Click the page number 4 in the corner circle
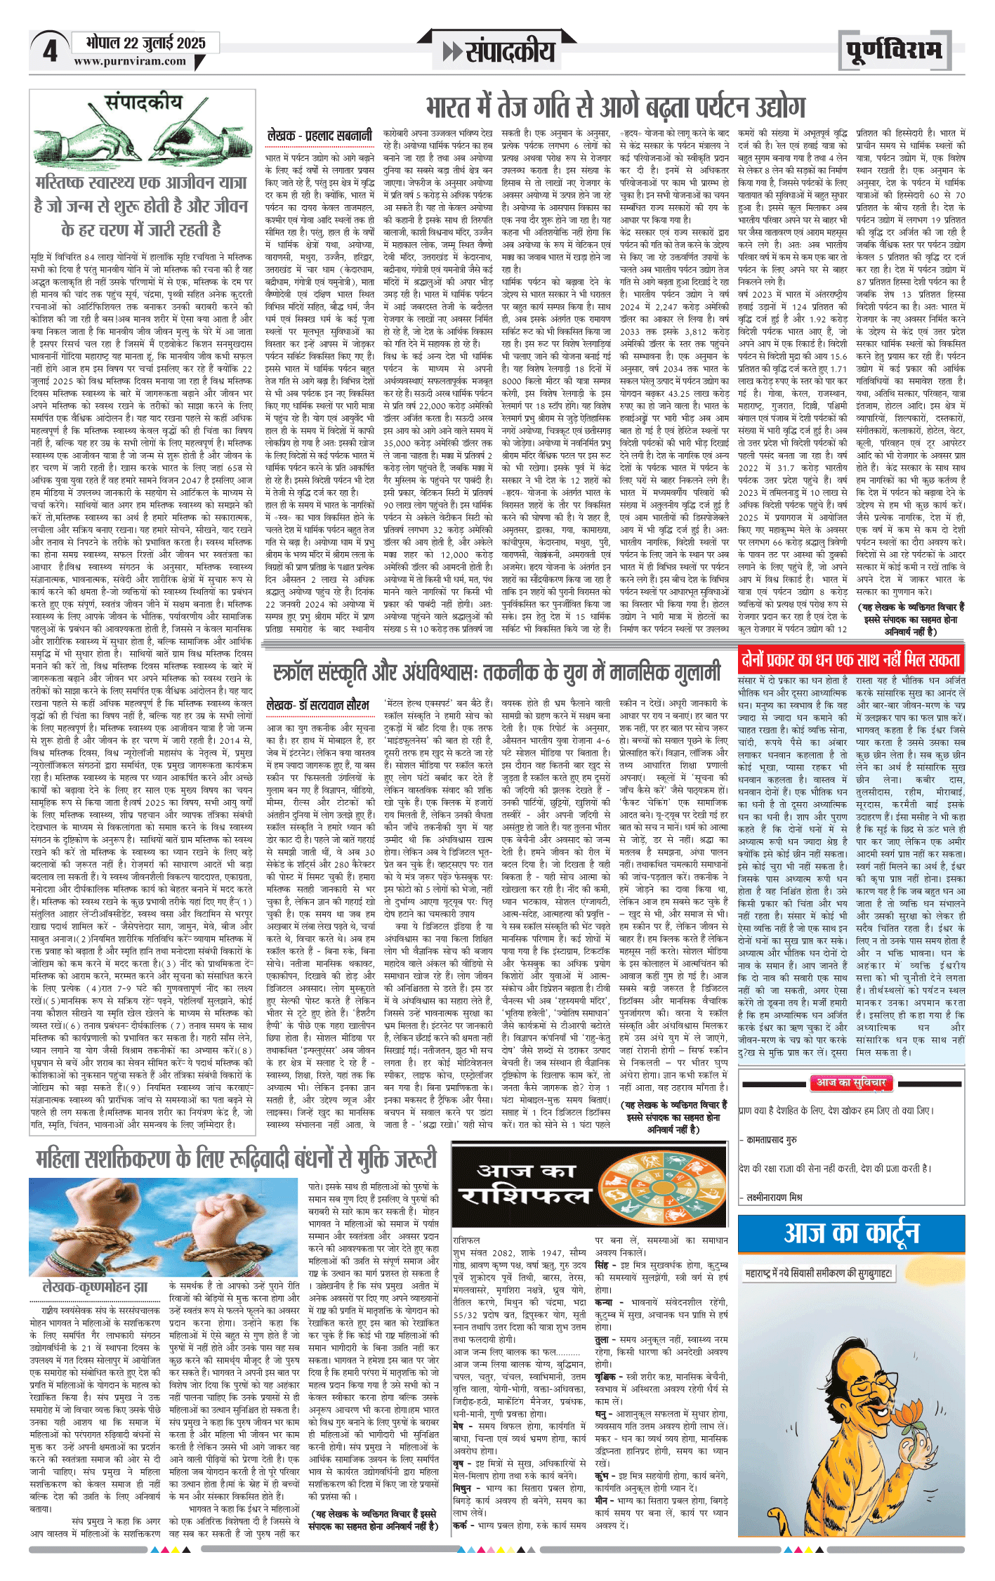click(x=50, y=51)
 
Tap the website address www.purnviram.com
click(x=130, y=61)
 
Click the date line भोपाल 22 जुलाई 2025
click(x=146, y=43)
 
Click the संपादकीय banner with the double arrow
click(x=499, y=51)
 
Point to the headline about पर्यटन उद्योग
click(x=615, y=107)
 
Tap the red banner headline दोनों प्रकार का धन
click(x=850, y=660)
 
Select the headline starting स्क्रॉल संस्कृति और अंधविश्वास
click(x=497, y=671)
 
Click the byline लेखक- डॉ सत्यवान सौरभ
click(x=317, y=704)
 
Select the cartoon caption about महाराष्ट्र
click(x=819, y=1273)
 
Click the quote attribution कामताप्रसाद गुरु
click(x=772, y=1140)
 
